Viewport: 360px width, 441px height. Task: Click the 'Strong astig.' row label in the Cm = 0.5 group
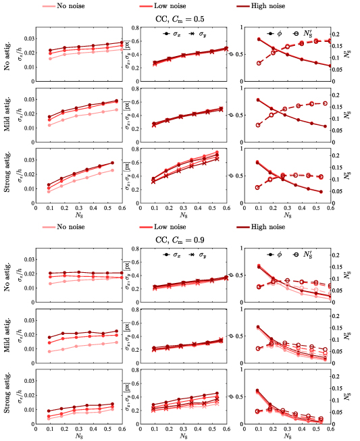click(x=7, y=175)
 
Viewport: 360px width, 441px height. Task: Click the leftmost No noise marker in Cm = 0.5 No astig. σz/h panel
click(x=50, y=59)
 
